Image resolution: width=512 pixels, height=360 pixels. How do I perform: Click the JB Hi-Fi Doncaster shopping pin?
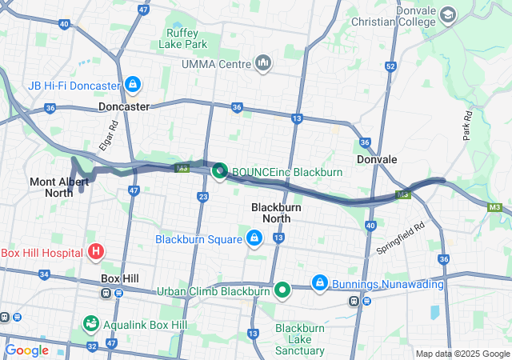click(133, 84)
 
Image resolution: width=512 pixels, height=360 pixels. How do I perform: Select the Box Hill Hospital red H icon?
click(96, 253)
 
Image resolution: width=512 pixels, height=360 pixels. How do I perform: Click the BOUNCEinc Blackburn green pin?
click(219, 171)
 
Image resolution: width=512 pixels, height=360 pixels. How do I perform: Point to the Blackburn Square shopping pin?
click(254, 238)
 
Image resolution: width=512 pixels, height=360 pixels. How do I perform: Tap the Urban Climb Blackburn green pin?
click(282, 290)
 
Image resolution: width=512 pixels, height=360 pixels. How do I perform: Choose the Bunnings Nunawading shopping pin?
click(319, 282)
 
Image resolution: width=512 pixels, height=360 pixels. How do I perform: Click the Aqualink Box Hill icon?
click(91, 325)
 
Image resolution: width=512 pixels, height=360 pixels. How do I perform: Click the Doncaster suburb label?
click(124, 106)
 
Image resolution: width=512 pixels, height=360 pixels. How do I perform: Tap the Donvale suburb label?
click(378, 159)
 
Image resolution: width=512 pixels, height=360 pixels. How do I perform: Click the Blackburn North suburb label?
click(276, 212)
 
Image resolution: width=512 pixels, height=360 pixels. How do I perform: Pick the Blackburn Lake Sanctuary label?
click(300, 339)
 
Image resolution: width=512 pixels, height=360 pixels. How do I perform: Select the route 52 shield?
click(390, 66)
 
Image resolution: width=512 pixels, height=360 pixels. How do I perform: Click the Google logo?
click(27, 350)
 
